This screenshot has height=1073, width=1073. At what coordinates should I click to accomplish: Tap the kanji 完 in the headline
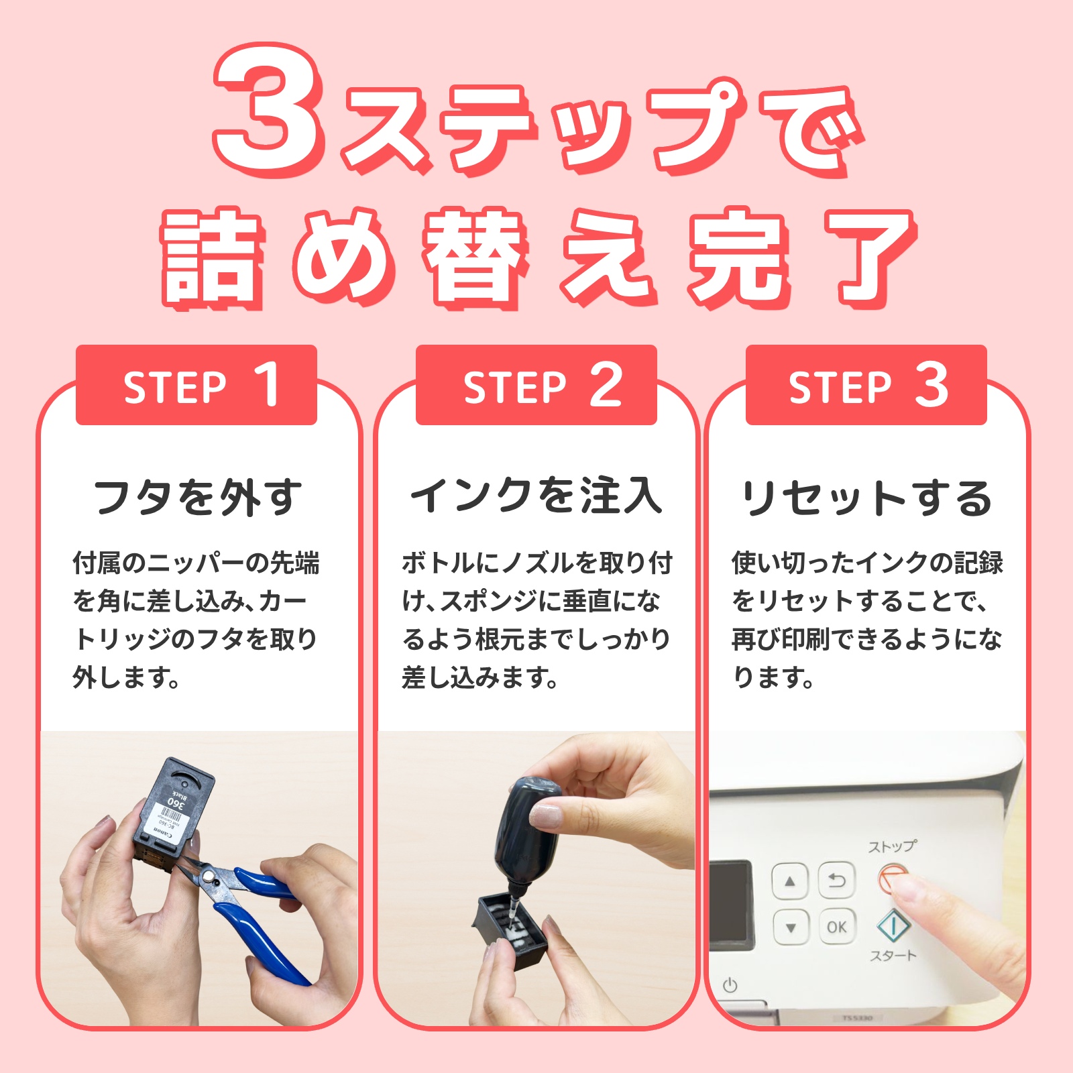(x=738, y=258)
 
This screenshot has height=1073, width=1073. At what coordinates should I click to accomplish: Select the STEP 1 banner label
(x=196, y=386)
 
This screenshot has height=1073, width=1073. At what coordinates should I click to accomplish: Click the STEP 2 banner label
(x=536, y=386)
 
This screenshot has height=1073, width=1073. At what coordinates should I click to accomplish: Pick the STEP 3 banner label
(x=866, y=386)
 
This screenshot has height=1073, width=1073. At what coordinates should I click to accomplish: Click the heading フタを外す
(x=198, y=498)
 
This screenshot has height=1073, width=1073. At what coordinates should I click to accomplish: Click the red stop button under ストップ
(x=893, y=878)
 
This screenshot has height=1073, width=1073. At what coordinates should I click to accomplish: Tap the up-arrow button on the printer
(x=790, y=881)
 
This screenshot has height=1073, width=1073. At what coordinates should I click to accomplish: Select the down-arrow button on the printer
(x=790, y=928)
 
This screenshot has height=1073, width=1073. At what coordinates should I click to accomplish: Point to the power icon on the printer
(x=730, y=985)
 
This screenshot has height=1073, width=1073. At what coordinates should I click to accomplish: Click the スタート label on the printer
(x=893, y=956)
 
